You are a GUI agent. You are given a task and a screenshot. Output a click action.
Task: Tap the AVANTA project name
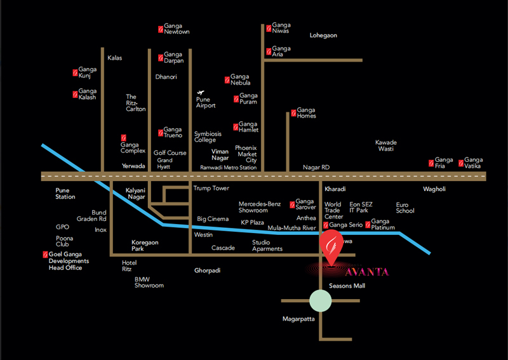[x=368, y=272]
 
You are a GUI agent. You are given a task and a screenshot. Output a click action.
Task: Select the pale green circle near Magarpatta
[x=321, y=300]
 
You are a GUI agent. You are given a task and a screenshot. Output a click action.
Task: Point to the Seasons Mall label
[x=347, y=286]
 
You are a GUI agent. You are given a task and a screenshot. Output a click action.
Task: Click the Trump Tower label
[x=211, y=189]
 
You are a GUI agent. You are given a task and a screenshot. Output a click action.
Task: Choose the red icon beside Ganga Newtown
[x=160, y=29]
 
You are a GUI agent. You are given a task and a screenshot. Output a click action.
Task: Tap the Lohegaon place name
[x=323, y=36]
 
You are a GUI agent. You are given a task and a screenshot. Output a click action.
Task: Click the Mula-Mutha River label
[x=291, y=227]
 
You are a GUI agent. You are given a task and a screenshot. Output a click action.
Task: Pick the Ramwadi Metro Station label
[x=228, y=168]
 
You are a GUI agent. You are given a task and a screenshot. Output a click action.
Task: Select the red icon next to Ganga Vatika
[x=460, y=163]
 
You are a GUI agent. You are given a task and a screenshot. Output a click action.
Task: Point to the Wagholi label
[x=434, y=189]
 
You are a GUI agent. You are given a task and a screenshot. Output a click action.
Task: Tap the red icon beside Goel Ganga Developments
[x=45, y=255]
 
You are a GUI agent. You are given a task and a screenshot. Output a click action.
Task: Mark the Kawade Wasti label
[x=385, y=145]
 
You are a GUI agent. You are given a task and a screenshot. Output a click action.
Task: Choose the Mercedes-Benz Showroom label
[x=259, y=207]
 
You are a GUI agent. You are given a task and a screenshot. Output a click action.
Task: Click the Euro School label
[x=404, y=208]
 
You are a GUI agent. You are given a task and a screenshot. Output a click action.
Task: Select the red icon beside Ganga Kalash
[x=75, y=95]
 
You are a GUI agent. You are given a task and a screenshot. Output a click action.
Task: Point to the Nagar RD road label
[x=316, y=167]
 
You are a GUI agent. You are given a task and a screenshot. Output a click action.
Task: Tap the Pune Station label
[x=65, y=193]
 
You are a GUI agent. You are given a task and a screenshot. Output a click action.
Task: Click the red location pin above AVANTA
[x=330, y=248]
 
